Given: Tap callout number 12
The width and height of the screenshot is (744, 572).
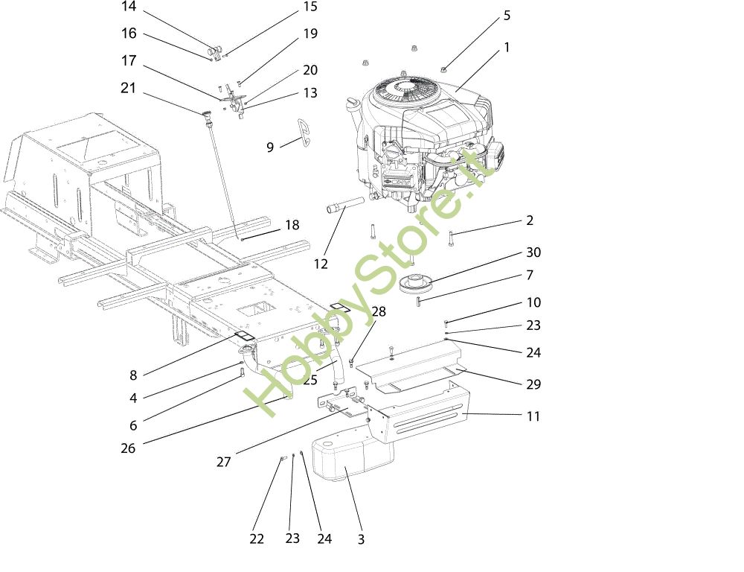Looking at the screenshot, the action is (x=321, y=264).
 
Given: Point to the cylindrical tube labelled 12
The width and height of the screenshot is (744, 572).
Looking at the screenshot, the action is (x=344, y=204).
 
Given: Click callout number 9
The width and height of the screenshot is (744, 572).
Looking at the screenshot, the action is (x=270, y=147).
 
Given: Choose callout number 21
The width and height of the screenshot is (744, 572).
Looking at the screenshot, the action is (x=129, y=89).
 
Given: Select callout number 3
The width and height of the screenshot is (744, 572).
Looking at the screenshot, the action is (x=361, y=539).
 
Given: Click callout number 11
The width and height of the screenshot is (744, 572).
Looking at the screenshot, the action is (x=533, y=416).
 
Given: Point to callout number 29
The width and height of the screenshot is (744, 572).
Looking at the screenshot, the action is (x=533, y=384).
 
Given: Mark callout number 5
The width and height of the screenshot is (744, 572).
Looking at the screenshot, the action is (x=507, y=15).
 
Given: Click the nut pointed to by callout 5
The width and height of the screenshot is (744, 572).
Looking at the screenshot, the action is (x=443, y=69).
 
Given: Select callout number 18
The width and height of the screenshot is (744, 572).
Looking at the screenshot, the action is (x=292, y=225).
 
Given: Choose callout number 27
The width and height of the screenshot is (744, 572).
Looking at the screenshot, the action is (x=224, y=462).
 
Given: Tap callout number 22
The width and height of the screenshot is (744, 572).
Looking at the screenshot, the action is (x=257, y=539).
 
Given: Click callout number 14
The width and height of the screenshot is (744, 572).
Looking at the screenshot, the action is (x=129, y=7).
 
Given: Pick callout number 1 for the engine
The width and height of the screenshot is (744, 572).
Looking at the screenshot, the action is (x=507, y=48).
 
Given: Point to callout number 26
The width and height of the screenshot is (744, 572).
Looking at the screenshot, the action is (x=129, y=448).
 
